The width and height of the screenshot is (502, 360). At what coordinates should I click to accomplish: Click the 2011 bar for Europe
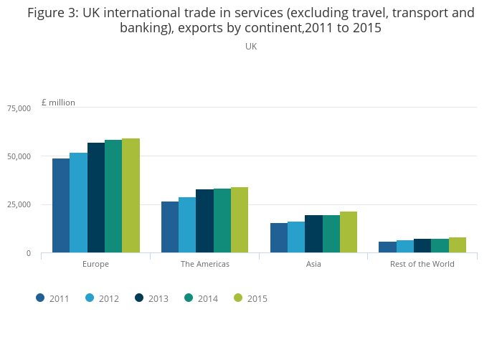[61, 205]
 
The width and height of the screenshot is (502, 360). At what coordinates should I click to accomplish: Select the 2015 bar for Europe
[131, 195]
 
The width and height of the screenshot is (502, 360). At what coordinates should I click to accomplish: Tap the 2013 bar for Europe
[96, 197]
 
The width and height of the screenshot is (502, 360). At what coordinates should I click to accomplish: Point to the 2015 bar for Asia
[349, 232]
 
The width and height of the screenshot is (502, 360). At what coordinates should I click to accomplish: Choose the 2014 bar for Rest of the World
[440, 245]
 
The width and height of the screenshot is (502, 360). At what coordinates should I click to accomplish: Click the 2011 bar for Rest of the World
[387, 247]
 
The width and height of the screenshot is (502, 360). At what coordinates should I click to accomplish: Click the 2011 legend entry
[52, 298]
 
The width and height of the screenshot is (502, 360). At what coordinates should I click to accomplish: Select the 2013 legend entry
[151, 298]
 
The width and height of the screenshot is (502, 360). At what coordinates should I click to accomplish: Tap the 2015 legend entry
[250, 298]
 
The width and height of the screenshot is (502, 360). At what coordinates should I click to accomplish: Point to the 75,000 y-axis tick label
[19, 108]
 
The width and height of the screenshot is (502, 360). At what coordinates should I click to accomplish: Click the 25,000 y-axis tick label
[19, 205]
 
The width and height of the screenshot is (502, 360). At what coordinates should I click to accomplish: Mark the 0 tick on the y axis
[29, 253]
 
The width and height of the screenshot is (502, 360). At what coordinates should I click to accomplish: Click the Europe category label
[95, 264]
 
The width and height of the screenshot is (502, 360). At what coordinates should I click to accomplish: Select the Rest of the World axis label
[422, 264]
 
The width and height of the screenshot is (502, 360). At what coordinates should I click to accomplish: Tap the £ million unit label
[58, 103]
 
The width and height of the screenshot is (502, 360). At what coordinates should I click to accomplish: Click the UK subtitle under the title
[251, 46]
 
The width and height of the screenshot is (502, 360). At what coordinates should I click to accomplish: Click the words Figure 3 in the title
[53, 13]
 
